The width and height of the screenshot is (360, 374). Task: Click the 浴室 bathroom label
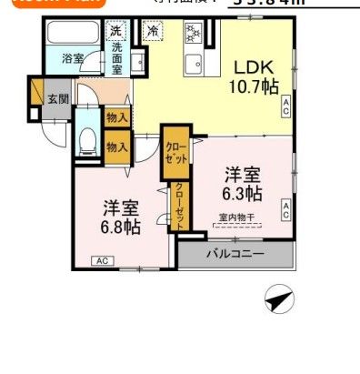[x=73, y=58]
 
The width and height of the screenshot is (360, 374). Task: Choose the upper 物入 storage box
[x=116, y=117]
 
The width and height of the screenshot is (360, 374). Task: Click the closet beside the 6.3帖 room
[x=175, y=151]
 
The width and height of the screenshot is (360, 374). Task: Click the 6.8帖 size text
[x=120, y=225]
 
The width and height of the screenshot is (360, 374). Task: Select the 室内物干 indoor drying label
[x=237, y=217]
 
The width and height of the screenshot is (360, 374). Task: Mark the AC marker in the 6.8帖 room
[x=101, y=261]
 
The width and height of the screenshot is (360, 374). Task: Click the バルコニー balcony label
[x=235, y=254]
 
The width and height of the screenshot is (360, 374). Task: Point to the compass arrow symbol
[x=278, y=298]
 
